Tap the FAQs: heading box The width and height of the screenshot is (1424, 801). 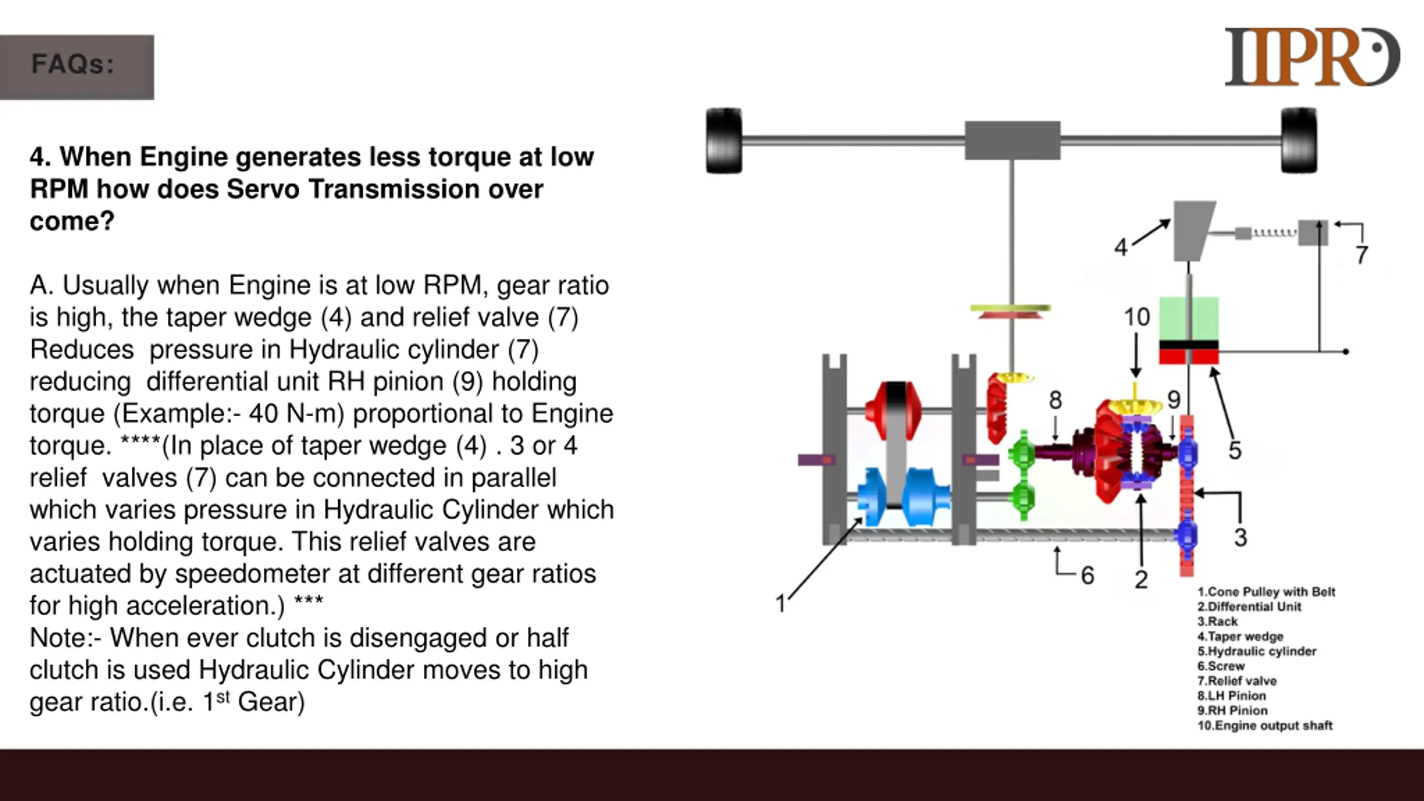[x=77, y=67]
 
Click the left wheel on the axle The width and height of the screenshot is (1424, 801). [x=724, y=140]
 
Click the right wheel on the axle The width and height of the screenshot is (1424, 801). [x=1298, y=140]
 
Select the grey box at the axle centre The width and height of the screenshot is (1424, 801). [x=1012, y=140]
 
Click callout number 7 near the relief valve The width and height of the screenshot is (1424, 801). [x=1361, y=255]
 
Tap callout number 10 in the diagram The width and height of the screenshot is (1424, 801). [x=1136, y=317]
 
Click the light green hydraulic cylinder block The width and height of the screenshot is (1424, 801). [x=1189, y=319]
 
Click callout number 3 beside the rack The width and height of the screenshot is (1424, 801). [x=1240, y=538]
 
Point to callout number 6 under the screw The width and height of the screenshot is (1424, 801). [x=1087, y=576]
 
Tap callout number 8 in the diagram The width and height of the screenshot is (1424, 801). [x=1055, y=400]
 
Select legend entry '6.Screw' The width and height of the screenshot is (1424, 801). [x=1221, y=666]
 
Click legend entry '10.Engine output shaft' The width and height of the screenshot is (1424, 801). [x=1265, y=725]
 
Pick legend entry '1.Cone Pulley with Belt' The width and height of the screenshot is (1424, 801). [x=1266, y=592]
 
